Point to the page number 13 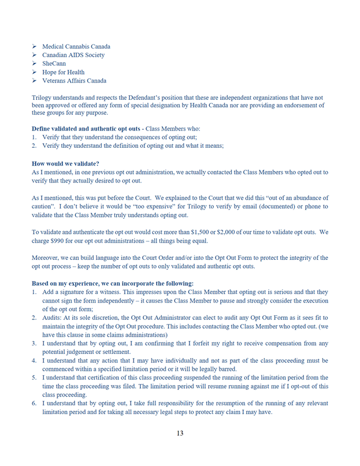(x=180, y=434)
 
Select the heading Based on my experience (x=113, y=284)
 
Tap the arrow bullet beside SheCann (x=35, y=64)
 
